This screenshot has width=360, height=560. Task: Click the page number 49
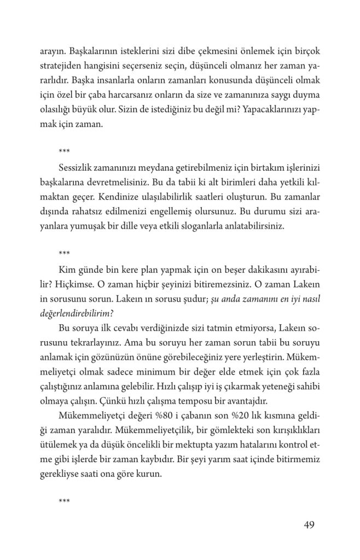tap(309, 526)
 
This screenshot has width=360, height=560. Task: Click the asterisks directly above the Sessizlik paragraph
tap(63, 150)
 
